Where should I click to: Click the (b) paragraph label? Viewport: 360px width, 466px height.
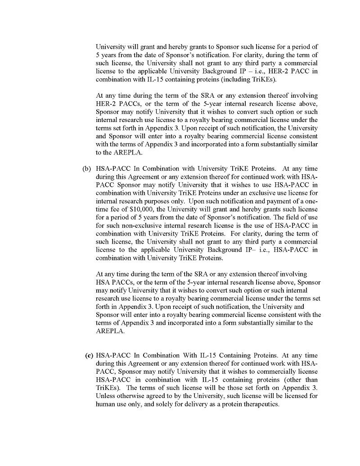click(x=86, y=169)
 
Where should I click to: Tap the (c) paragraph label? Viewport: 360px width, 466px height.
click(x=89, y=355)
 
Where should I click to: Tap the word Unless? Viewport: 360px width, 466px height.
click(x=106, y=396)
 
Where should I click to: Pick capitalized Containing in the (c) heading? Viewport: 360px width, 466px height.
click(x=222, y=355)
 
